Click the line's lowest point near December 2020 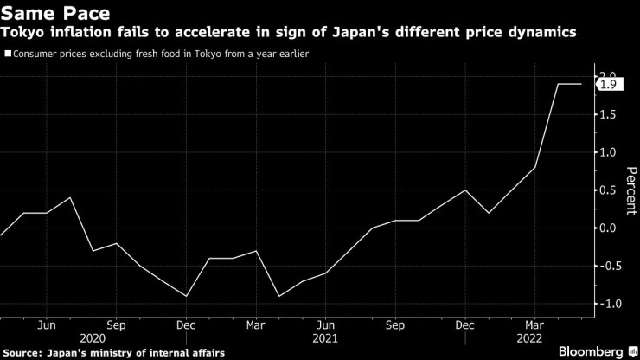(x=187, y=296)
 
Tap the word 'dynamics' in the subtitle (x=544, y=33)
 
